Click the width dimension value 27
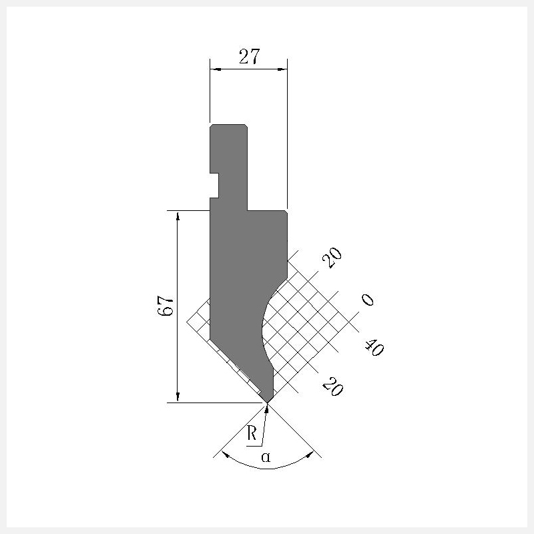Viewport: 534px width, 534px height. click(x=249, y=57)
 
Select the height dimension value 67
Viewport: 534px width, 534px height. click(x=166, y=306)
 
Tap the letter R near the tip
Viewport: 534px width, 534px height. click(x=252, y=433)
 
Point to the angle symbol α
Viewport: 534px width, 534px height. click(x=266, y=457)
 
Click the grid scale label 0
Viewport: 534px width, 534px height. click(x=368, y=300)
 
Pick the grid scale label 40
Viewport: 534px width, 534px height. click(x=374, y=347)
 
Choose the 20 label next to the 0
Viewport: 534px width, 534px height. click(x=332, y=258)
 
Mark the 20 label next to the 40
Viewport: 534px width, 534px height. click(x=332, y=386)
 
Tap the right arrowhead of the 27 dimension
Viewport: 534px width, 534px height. click(x=282, y=69)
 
